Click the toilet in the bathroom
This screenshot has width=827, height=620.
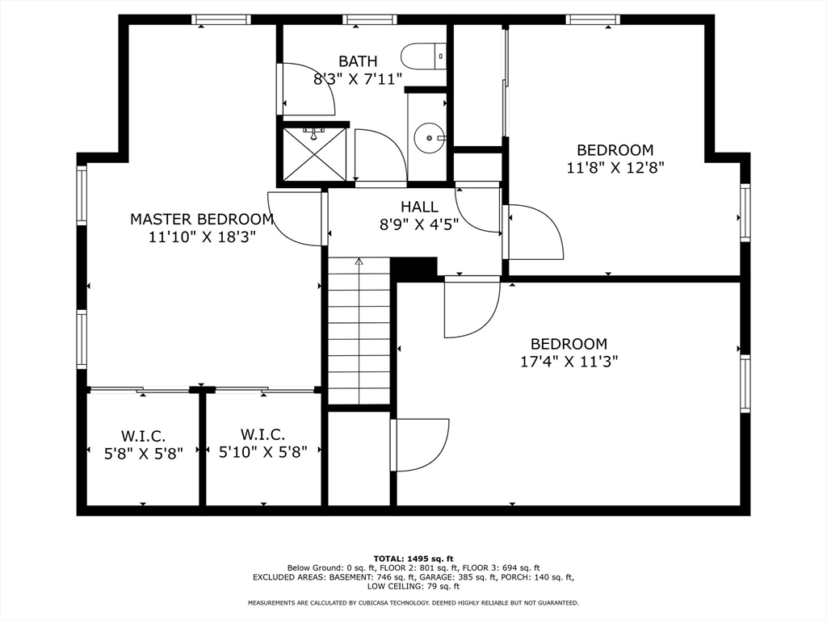[423, 56]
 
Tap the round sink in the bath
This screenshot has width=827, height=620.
[429, 138]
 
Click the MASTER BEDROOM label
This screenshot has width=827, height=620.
[202, 219]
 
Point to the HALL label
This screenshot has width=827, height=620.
[419, 207]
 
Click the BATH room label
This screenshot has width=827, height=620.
[358, 61]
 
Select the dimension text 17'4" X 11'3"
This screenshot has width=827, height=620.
[569, 362]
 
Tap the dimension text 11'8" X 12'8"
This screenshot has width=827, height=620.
[615, 168]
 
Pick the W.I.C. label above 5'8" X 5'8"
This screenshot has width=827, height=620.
[144, 437]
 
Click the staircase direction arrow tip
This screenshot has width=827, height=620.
[359, 258]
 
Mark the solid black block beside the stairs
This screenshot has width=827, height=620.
[413, 269]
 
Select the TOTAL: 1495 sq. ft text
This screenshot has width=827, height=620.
[413, 559]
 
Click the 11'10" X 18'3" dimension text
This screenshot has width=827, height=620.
[202, 237]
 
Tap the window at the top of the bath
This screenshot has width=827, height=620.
[369, 20]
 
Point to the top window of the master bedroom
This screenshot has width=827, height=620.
[221, 20]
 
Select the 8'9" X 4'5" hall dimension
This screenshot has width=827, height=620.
[419, 225]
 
